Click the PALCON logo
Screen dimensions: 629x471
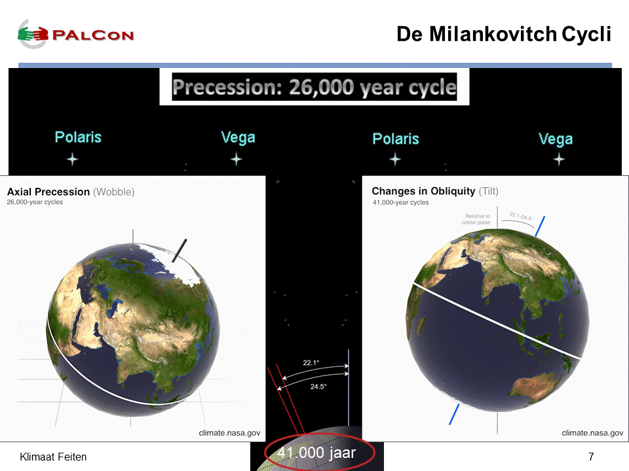[x=75, y=35]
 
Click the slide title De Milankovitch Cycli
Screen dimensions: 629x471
[x=504, y=34]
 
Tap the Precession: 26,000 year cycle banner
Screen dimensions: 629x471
[x=314, y=87]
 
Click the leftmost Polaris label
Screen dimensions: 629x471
[x=78, y=137]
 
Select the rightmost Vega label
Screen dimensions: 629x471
[x=556, y=139]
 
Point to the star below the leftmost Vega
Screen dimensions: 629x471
[x=237, y=160]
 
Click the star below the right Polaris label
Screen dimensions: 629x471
[x=395, y=160]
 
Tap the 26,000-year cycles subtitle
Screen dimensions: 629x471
[x=35, y=202]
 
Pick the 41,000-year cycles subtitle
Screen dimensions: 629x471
[x=401, y=203]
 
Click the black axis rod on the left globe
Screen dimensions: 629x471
[x=180, y=251]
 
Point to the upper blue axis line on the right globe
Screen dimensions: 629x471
[x=540, y=226]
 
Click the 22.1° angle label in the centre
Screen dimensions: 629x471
[x=311, y=363]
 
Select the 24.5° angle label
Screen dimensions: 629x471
[x=318, y=387]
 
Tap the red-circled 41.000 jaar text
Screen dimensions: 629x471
[x=316, y=453]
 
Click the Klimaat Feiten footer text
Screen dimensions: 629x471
[x=53, y=457]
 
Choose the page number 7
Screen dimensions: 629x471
[x=591, y=457]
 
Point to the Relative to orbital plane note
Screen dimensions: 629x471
[x=476, y=219]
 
